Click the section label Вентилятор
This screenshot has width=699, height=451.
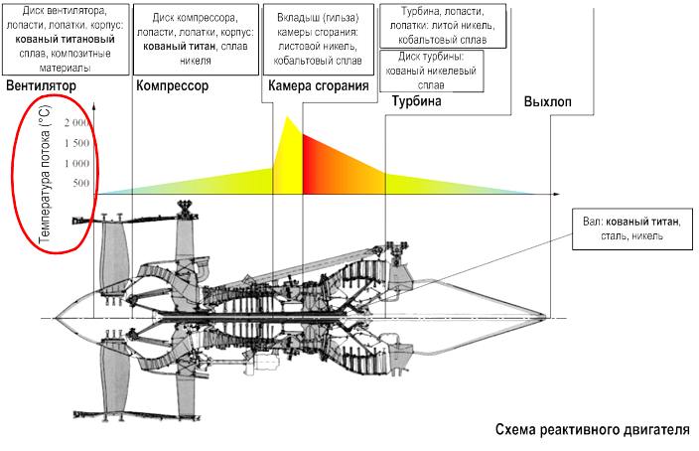(41, 87)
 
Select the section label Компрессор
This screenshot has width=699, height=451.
(172, 87)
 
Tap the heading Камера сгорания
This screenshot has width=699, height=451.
(318, 86)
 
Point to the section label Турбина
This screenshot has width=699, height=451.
(416, 102)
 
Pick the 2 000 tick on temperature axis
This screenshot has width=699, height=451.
(77, 124)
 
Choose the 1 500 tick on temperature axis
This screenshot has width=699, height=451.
(77, 144)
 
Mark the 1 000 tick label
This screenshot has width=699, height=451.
(77, 164)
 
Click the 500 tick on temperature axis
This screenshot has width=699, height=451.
(81, 184)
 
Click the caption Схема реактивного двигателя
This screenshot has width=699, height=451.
(592, 431)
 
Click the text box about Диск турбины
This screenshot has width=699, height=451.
(432, 72)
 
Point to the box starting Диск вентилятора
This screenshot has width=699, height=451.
(67, 40)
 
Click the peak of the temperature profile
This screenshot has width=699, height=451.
(287, 118)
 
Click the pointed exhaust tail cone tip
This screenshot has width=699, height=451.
(548, 317)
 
